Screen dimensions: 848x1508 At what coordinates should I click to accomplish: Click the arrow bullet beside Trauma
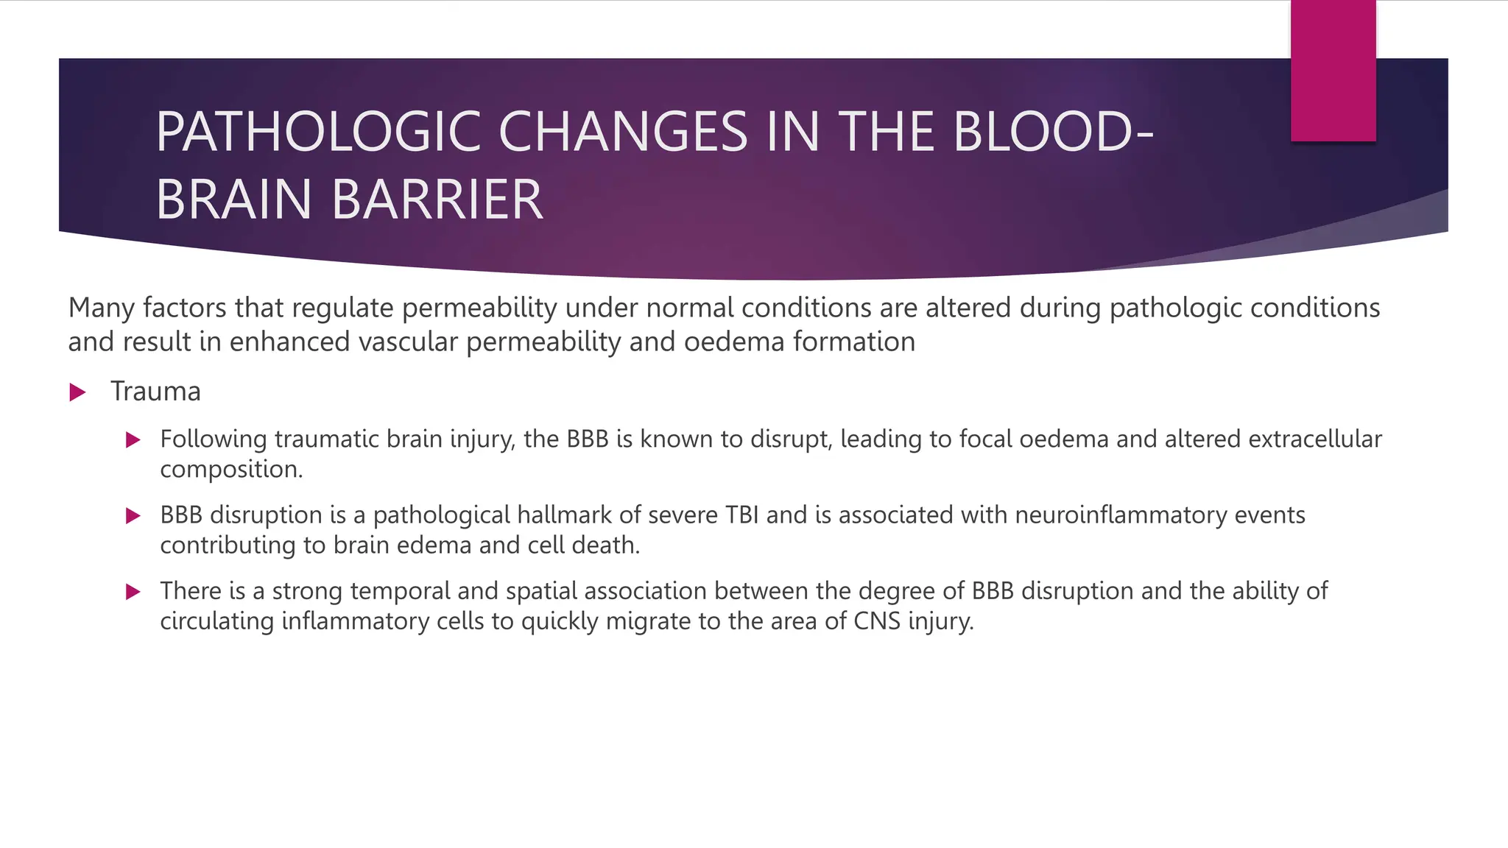(x=77, y=392)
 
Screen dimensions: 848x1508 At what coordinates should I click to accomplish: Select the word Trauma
(x=155, y=392)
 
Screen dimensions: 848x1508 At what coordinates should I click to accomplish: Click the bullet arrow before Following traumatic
(x=133, y=440)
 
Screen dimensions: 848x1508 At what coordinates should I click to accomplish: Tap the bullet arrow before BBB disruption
(x=133, y=516)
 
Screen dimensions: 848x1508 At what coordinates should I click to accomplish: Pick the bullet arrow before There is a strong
(x=133, y=592)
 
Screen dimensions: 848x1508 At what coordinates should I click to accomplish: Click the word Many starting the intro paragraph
(x=101, y=308)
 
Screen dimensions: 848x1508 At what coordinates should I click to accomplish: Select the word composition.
(x=230, y=470)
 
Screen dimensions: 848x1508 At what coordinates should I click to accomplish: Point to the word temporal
(x=400, y=591)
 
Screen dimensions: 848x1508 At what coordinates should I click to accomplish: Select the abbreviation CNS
(x=877, y=621)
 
